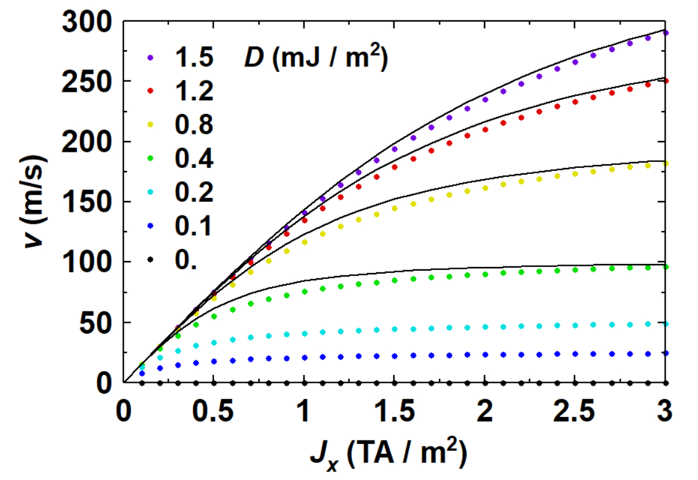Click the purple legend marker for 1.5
click(x=151, y=58)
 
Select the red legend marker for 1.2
click(x=151, y=91)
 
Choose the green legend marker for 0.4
click(x=151, y=158)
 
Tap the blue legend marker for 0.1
click(x=151, y=226)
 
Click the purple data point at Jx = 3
click(x=666, y=32)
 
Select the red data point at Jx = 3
click(x=666, y=81)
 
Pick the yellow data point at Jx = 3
click(x=666, y=163)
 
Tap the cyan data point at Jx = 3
click(x=666, y=323)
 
